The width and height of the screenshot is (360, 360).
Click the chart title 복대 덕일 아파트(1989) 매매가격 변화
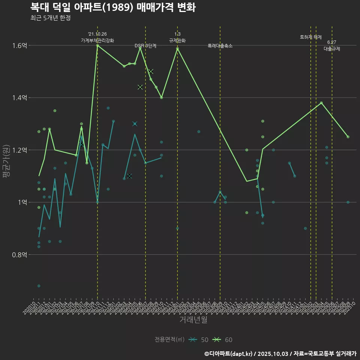[x=112, y=7]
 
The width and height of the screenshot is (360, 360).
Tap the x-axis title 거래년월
[x=193, y=319]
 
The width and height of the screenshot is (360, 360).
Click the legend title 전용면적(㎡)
[x=169, y=340]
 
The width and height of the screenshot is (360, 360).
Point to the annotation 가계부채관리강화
[x=97, y=40]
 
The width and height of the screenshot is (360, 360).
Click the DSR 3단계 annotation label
[x=145, y=46]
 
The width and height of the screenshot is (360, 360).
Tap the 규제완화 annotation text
[x=177, y=40]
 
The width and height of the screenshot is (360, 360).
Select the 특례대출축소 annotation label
[x=220, y=46]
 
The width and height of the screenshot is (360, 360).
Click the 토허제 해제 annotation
[x=311, y=37]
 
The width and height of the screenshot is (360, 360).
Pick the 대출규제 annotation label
[x=332, y=49]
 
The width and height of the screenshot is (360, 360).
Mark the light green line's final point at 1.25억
[x=348, y=137]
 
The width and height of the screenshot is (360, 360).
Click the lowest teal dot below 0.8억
[x=39, y=286]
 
